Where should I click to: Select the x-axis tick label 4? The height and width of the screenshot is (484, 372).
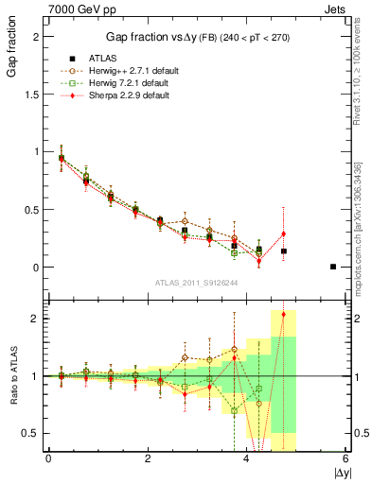pos(247,458)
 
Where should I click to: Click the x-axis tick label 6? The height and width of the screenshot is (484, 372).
pos(346,458)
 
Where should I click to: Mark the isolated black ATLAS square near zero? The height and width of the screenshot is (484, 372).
pos(333,267)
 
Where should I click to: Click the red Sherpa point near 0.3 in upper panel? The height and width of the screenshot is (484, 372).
pos(283,233)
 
